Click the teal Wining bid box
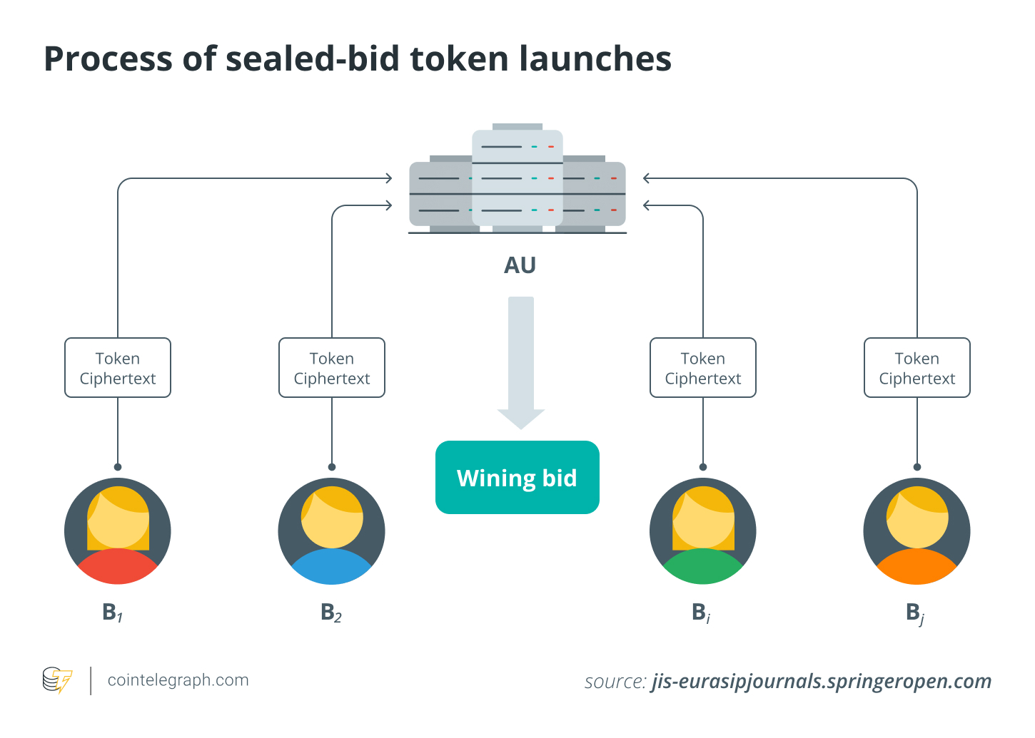(517, 477)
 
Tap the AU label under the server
(520, 265)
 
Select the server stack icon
(517, 182)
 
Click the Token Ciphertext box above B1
(118, 368)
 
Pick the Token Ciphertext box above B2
(332, 368)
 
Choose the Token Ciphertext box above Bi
(702, 368)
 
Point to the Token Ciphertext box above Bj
(917, 368)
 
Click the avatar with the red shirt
(118, 531)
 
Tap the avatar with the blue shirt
(332, 531)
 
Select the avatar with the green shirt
(702, 531)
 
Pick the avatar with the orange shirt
(917, 531)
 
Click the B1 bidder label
(112, 613)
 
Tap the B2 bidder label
(330, 613)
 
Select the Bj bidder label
(914, 613)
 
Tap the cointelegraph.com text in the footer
(178, 680)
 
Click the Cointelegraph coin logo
(57, 680)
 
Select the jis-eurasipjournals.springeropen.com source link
(821, 682)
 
